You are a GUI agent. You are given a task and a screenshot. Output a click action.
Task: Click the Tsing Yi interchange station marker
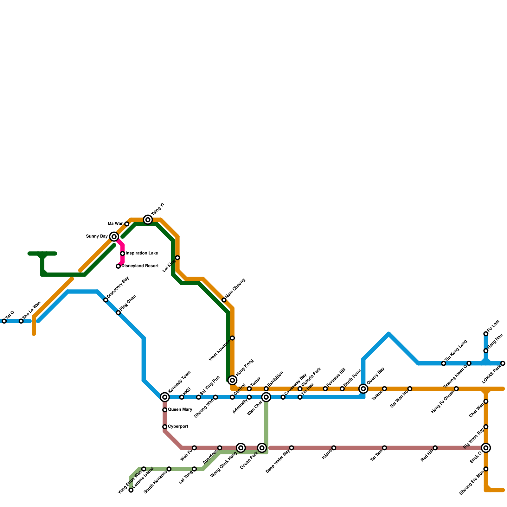pos(148,220)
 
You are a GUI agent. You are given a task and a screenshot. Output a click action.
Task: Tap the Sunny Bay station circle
pos(114,237)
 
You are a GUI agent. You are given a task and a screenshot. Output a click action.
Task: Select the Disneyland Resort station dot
pos(118,266)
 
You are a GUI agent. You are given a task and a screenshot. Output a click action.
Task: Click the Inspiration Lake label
pos(142,253)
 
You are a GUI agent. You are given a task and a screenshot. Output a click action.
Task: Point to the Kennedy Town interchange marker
pos(165,397)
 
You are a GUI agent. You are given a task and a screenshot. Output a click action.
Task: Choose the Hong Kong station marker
pos(233,380)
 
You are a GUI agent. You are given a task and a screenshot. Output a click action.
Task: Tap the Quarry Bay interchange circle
pos(363,389)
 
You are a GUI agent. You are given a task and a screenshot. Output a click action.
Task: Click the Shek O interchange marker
pos(486,448)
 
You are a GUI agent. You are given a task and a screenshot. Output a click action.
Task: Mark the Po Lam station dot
pos(486,334)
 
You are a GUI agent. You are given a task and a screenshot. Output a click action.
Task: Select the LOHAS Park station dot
pos(503,363)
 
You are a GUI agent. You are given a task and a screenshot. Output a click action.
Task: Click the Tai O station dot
pos(4,321)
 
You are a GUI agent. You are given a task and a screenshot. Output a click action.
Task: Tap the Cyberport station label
pos(178,427)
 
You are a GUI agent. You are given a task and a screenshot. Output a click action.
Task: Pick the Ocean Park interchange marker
pos(262,448)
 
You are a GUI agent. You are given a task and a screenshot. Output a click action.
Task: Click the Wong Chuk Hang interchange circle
pos(241,448)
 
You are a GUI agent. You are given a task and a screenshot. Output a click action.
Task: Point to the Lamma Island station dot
pos(131,490)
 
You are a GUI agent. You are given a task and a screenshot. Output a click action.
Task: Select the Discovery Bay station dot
pos(106,300)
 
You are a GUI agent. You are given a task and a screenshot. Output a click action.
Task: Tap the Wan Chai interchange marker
pos(266,397)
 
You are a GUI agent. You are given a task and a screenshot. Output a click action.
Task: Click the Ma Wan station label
pos(115,224)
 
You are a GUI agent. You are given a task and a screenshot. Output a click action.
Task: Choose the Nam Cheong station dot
pos(224,300)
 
